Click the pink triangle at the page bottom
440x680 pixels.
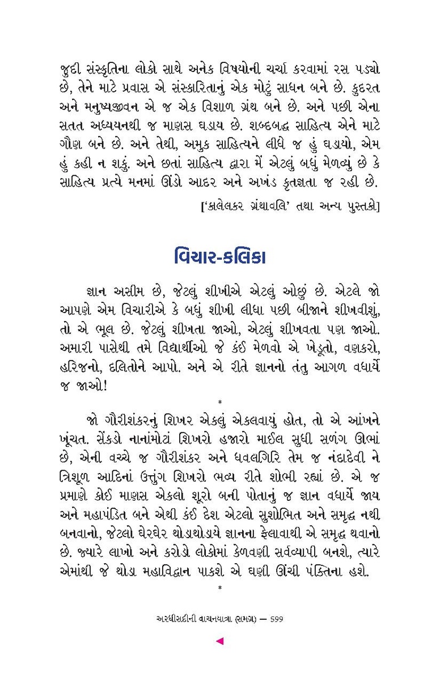coord(219,641)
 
